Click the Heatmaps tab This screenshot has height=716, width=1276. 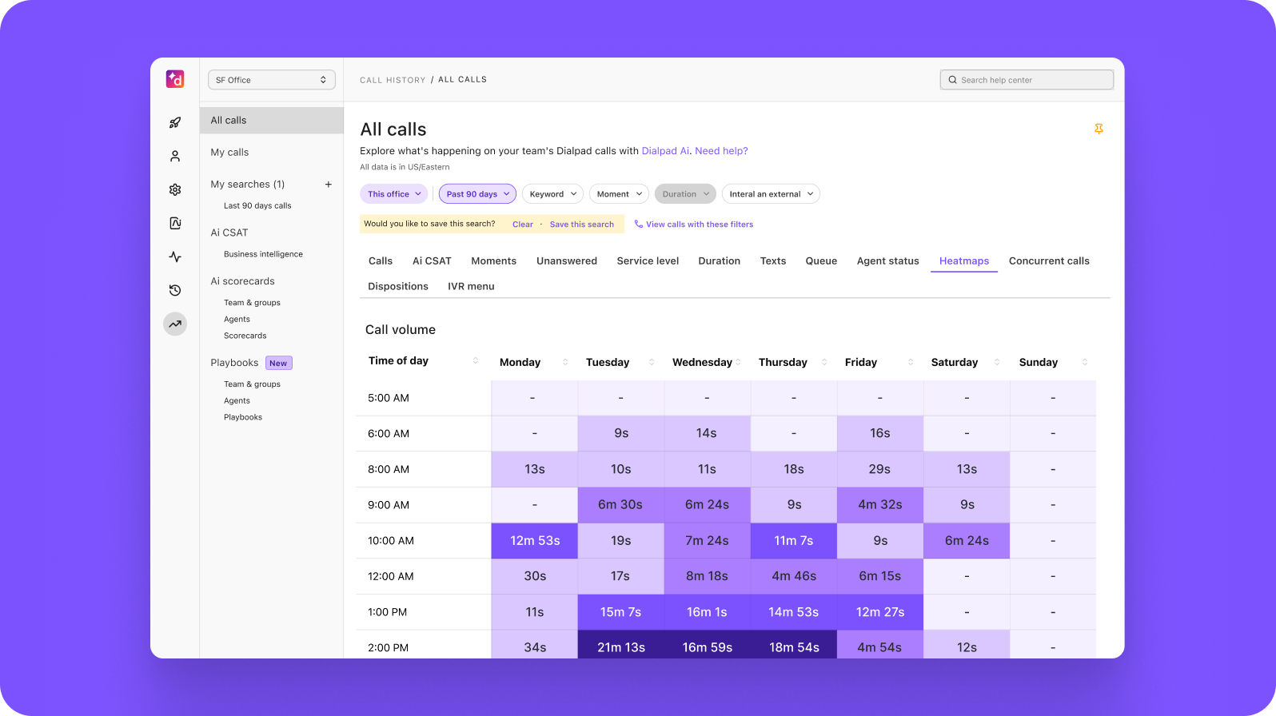point(963,261)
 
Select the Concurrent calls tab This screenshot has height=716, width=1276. point(1049,261)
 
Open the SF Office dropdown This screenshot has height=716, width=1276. point(271,80)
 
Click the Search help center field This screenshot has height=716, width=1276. point(1027,80)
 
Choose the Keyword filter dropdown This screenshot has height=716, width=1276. point(552,194)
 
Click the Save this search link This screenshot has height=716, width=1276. point(581,225)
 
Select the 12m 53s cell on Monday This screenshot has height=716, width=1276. point(535,541)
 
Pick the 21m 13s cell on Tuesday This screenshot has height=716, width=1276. point(621,646)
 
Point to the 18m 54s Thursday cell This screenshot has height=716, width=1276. point(794,646)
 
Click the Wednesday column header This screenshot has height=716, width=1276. point(702,363)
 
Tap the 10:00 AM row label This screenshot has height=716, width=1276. point(391,541)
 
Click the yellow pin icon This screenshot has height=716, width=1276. point(1099,129)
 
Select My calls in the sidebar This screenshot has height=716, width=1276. point(229,153)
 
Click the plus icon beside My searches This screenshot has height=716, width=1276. point(328,185)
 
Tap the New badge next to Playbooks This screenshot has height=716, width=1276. point(278,364)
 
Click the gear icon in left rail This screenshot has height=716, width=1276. point(175,190)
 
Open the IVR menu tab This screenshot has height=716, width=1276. point(471,286)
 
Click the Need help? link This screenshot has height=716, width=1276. point(721,151)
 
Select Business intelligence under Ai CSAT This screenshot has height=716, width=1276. point(263,254)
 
